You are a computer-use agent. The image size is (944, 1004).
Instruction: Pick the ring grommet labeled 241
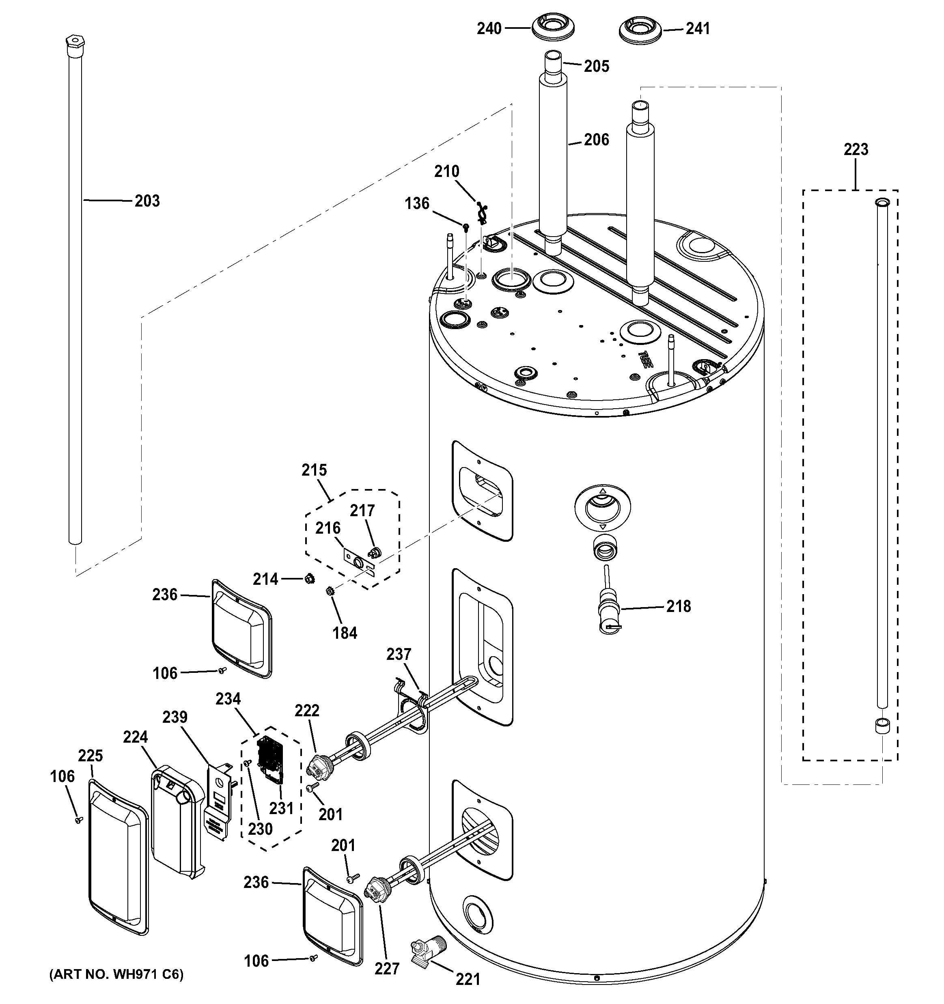coord(640,29)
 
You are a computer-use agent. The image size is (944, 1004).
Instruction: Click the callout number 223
coord(856,149)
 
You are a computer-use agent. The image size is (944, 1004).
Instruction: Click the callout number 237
coord(399,655)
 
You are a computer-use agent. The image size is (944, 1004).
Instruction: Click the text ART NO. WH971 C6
coord(116,975)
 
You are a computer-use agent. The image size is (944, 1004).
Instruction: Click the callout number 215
coord(314,470)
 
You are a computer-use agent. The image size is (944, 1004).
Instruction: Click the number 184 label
coord(345,633)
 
